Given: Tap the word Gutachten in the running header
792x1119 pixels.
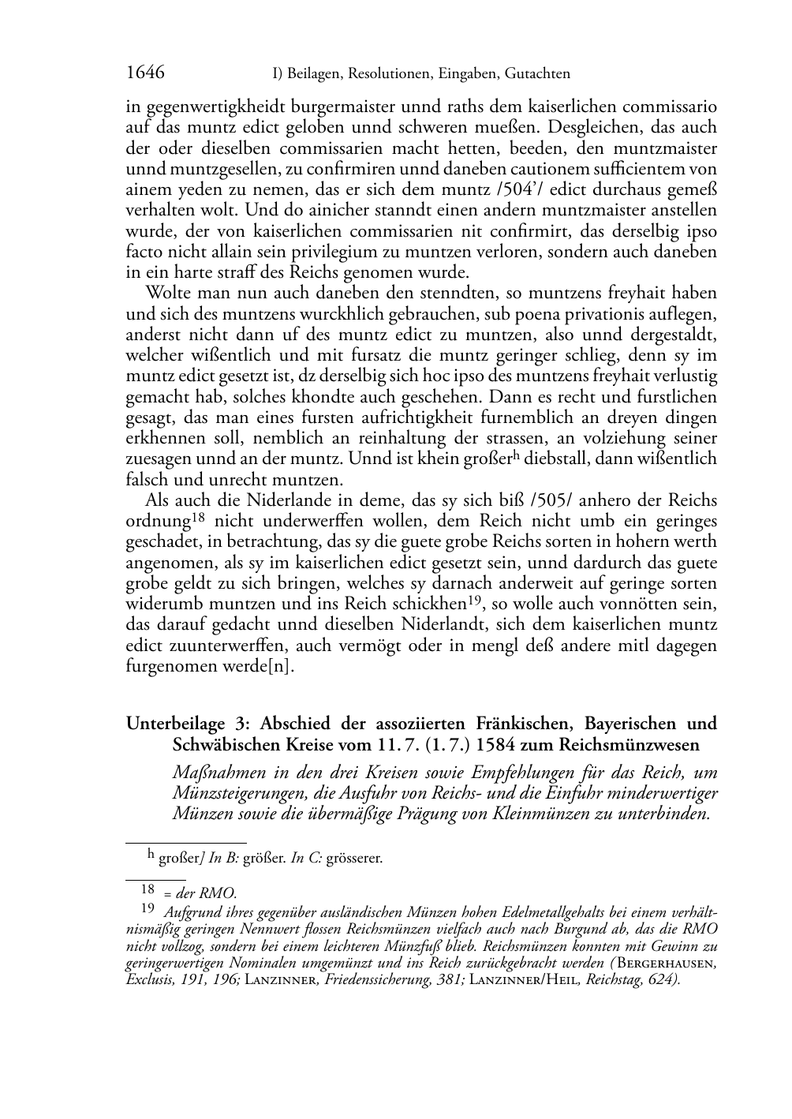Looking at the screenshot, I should (x=536, y=74).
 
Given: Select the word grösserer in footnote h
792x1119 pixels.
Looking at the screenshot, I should (x=354, y=858).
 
